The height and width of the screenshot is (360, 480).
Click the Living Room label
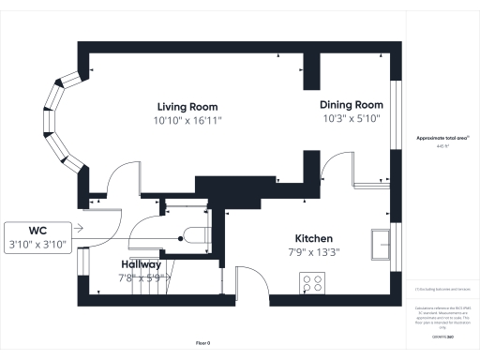pyautogui.click(x=188, y=107)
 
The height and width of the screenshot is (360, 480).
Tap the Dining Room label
pyautogui.click(x=352, y=104)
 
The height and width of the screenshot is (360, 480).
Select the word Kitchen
pyautogui.click(x=313, y=238)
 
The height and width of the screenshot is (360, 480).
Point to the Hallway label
pyautogui.click(x=140, y=264)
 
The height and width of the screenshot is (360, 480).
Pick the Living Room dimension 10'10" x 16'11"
pyautogui.click(x=188, y=121)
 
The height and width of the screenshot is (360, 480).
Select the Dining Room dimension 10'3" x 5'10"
pyautogui.click(x=352, y=118)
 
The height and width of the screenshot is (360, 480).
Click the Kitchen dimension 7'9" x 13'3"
pyautogui.click(x=313, y=251)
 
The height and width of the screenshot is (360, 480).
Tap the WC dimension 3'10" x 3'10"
pyautogui.click(x=38, y=245)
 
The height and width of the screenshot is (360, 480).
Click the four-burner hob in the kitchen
pyautogui.click(x=312, y=282)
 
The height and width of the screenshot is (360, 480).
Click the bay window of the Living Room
pyautogui.click(x=62, y=126)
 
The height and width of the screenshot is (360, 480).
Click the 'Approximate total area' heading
pyautogui.click(x=442, y=139)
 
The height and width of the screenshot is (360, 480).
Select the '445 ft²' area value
pyautogui.click(x=442, y=147)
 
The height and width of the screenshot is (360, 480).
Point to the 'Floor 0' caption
pyautogui.click(x=202, y=343)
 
